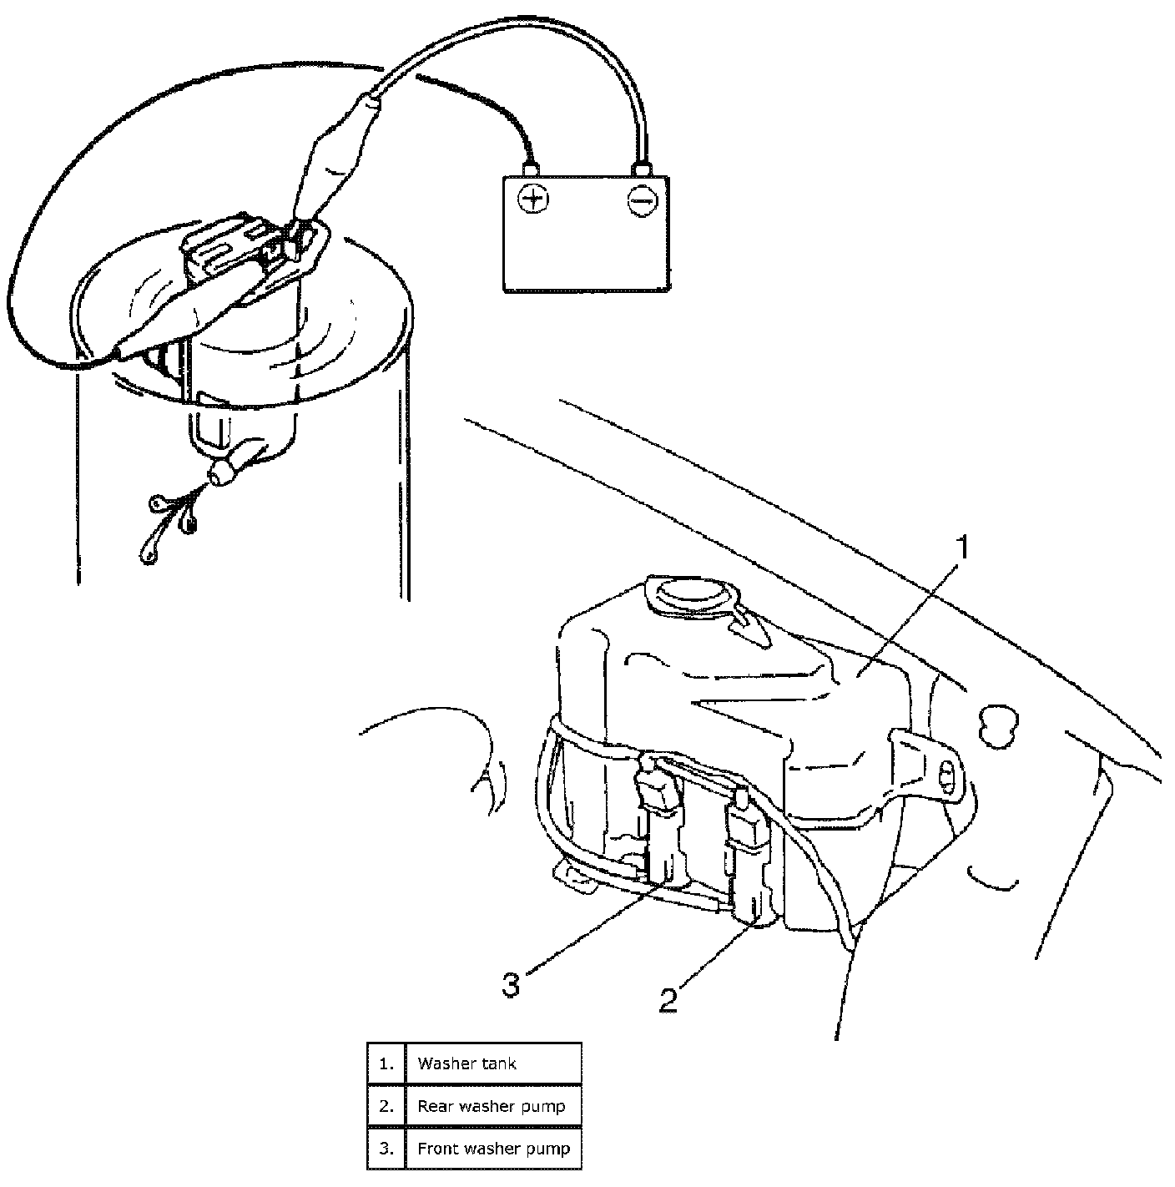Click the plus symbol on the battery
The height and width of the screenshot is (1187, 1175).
tap(532, 200)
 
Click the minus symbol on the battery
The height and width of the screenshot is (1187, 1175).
tap(643, 200)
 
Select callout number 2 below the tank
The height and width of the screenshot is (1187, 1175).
tap(668, 998)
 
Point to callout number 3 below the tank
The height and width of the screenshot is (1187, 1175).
tap(511, 985)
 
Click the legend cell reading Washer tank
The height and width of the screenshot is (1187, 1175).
tap(492, 1063)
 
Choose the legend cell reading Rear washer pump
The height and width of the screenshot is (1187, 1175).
tap(492, 1106)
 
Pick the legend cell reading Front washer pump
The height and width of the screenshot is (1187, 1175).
tap(492, 1149)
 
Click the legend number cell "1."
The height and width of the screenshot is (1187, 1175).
tap(386, 1063)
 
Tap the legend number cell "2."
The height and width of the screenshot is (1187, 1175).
tap(386, 1106)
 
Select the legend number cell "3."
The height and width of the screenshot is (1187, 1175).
tap(386, 1149)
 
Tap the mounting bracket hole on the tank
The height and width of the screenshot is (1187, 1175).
tap(946, 777)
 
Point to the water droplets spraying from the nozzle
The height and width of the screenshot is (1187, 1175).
tap(171, 522)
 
